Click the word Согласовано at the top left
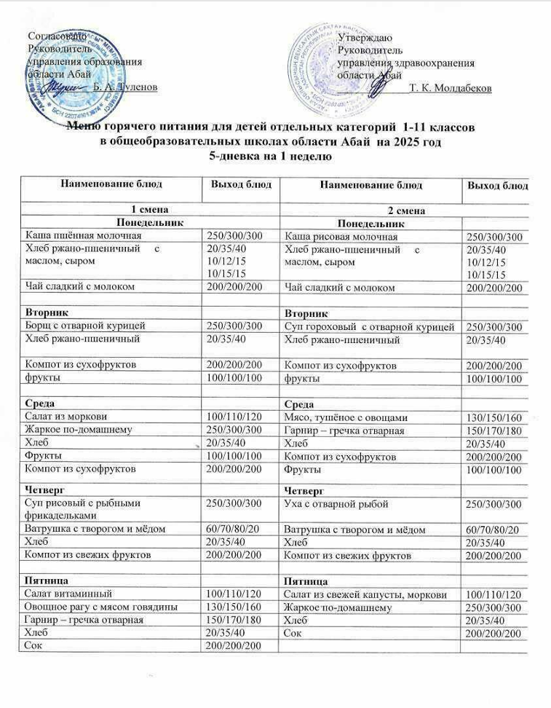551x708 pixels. (x=57, y=36)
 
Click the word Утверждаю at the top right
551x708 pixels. (x=366, y=37)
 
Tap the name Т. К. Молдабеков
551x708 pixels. (x=451, y=88)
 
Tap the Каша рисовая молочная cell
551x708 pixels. (x=341, y=237)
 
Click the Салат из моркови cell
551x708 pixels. (x=66, y=417)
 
